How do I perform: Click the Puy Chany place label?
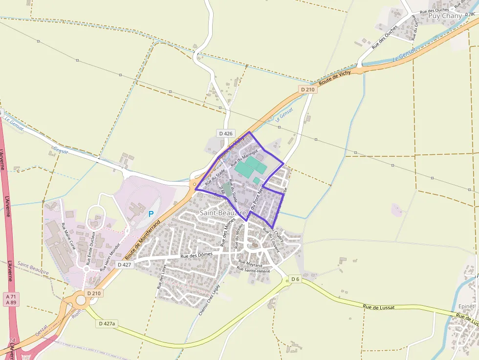[445, 16]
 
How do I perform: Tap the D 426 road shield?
[226, 133]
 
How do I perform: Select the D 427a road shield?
[107, 323]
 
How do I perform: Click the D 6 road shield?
[295, 279]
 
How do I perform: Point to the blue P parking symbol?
[151, 213]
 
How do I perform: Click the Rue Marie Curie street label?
[68, 236]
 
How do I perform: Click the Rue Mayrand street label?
[251, 263]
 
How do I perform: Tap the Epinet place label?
[466, 306]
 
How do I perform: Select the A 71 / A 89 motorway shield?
[10, 299]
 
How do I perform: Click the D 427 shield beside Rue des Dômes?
[125, 264]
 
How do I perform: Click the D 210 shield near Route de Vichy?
[307, 89]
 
